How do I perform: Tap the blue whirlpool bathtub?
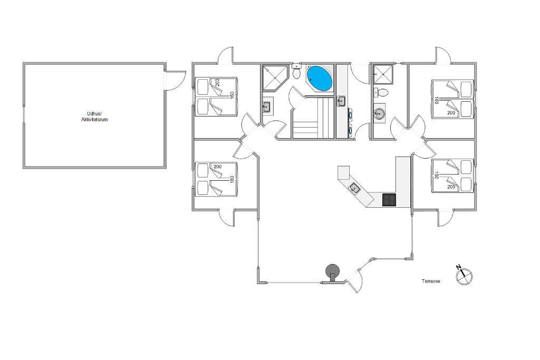[x=319, y=78]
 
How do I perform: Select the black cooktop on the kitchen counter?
[x=389, y=200]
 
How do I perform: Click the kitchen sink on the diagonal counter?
[x=355, y=188]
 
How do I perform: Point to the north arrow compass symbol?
[x=464, y=276]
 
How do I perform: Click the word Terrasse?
[x=430, y=281]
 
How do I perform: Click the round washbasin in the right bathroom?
[x=379, y=112]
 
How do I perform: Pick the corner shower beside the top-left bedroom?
[x=274, y=77]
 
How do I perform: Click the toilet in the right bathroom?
[x=382, y=93]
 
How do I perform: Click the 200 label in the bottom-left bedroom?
[x=217, y=167]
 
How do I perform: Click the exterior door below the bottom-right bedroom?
[x=446, y=217]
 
